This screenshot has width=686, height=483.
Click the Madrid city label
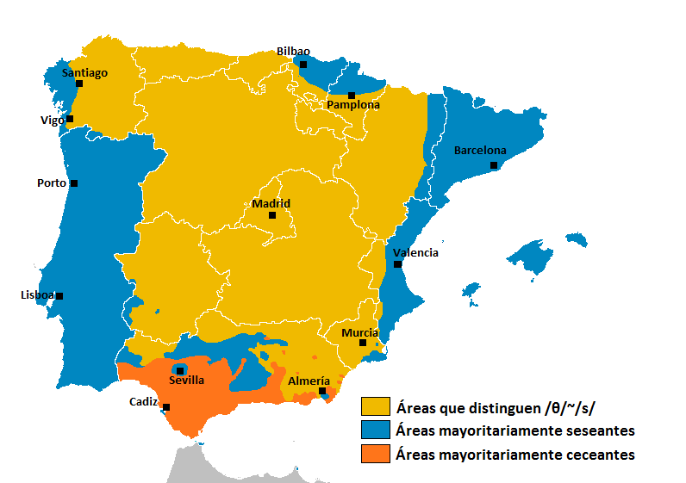click(x=271, y=204)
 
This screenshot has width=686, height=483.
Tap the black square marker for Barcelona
click(x=494, y=164)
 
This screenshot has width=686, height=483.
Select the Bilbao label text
click(x=293, y=52)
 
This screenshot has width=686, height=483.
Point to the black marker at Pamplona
click(x=352, y=95)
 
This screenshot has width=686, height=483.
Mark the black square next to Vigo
click(x=70, y=119)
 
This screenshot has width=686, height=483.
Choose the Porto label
click(x=52, y=183)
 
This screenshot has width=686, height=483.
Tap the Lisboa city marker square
click(x=59, y=295)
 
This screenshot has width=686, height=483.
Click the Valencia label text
click(x=415, y=253)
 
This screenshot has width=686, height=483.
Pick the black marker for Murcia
click(x=363, y=343)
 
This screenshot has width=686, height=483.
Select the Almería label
click(x=309, y=381)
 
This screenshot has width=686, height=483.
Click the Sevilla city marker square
click(x=179, y=370)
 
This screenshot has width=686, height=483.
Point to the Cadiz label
click(x=143, y=401)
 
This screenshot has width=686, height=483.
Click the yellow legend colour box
click(x=375, y=406)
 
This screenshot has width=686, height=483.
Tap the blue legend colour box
click(x=375, y=430)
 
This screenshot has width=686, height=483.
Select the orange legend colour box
click(x=375, y=454)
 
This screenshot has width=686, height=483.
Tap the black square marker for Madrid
click(x=272, y=215)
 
